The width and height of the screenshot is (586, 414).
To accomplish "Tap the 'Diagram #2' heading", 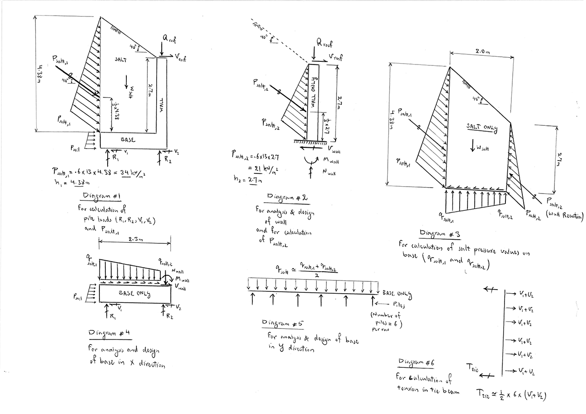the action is [x=287, y=198].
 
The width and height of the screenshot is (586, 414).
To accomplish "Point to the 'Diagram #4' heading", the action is [x=110, y=333].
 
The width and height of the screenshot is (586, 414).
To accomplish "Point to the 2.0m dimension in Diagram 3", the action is [x=481, y=53].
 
